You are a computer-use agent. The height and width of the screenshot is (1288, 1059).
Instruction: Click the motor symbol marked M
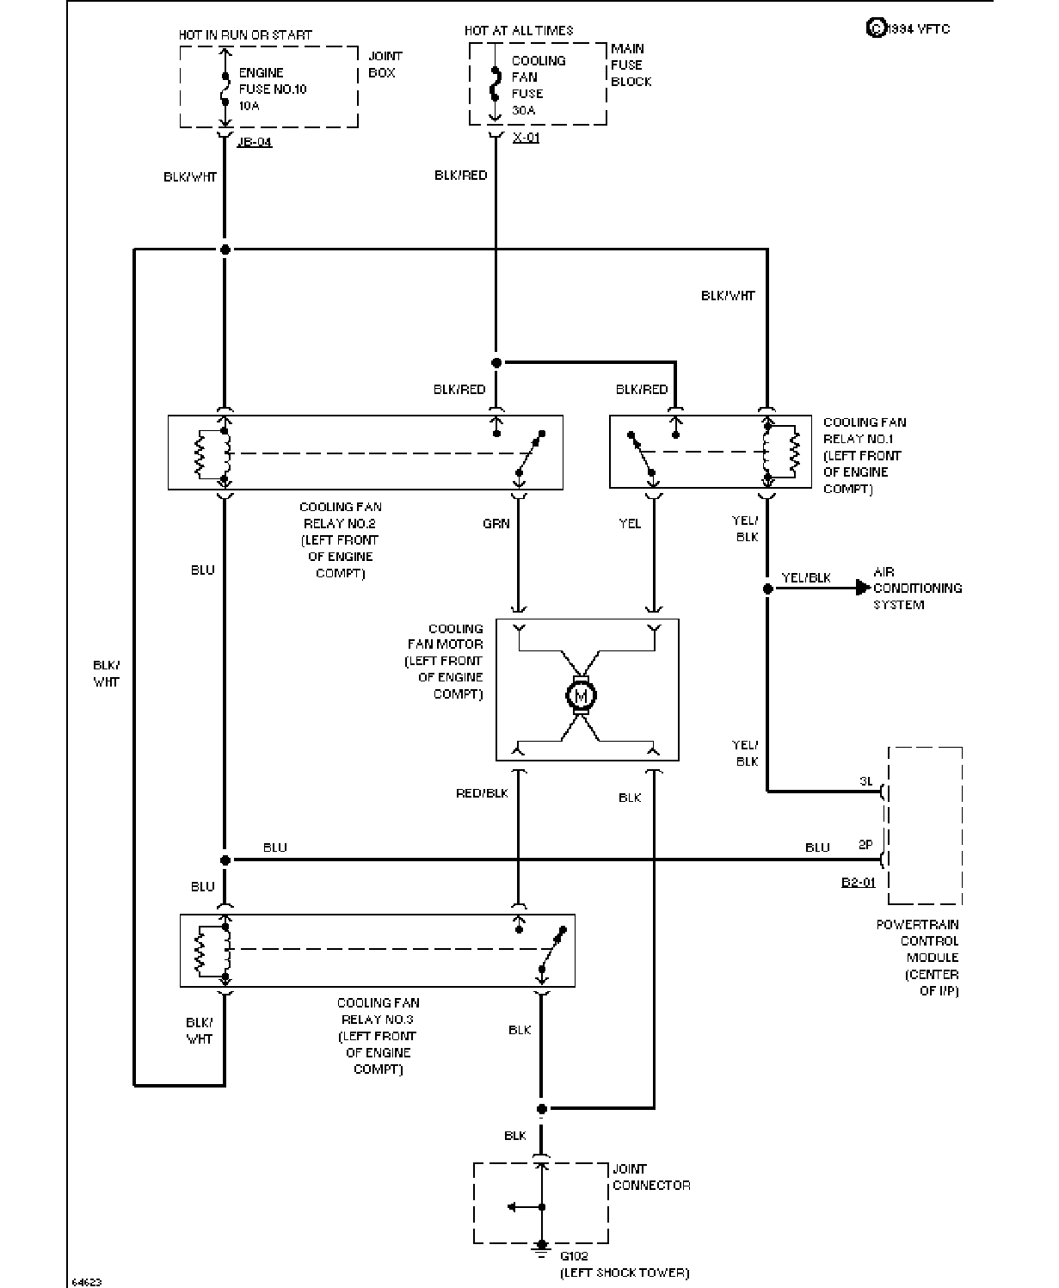[581, 695]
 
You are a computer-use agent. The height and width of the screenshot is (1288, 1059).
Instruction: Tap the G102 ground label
[574, 1255]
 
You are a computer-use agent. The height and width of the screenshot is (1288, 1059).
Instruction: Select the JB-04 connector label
[254, 142]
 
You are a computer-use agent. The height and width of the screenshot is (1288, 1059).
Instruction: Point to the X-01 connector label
[526, 138]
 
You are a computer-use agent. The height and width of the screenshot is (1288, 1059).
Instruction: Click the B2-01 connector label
[858, 882]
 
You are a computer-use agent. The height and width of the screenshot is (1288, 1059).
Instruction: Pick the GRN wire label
[496, 523]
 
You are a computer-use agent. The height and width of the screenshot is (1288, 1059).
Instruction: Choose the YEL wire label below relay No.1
[630, 523]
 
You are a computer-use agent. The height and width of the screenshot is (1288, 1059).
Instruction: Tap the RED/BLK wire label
[482, 793]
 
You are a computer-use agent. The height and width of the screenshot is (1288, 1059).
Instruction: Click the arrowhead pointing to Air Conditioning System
[863, 589]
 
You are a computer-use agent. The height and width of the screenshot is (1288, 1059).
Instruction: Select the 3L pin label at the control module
[866, 781]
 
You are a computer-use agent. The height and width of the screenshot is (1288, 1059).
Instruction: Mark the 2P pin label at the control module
[865, 845]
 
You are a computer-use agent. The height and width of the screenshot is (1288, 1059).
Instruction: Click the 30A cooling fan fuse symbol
[496, 85]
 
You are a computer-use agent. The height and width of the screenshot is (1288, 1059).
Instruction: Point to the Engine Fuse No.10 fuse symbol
[225, 89]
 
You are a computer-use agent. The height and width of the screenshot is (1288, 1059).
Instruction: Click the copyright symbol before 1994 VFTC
[876, 28]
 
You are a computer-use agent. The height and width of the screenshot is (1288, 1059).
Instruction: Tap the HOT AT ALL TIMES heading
[519, 30]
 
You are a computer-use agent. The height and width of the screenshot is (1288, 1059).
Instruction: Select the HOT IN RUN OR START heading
[245, 34]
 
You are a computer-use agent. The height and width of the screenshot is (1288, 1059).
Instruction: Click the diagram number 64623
[87, 1282]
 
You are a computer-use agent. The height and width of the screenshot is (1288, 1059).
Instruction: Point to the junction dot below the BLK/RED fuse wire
[496, 363]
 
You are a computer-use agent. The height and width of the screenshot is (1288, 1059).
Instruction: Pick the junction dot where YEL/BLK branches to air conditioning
[767, 589]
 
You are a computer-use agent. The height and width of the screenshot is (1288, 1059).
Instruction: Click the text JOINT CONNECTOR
[651, 1177]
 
